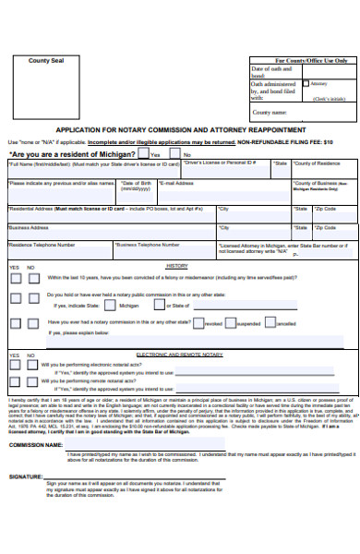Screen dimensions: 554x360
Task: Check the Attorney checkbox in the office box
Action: coord(307,83)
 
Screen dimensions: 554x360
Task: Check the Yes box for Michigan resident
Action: coord(142,154)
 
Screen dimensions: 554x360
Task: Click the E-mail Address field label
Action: coord(178,184)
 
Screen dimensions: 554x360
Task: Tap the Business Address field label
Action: coord(29,226)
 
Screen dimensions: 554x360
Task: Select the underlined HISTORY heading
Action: coord(177,266)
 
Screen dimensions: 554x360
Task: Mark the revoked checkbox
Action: coord(199,324)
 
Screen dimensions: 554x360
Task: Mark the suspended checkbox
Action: coord(234,324)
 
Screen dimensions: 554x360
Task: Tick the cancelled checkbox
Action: coord(273,324)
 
